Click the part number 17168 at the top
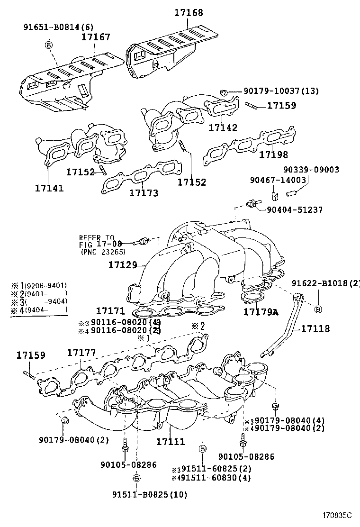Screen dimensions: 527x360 point(188,13)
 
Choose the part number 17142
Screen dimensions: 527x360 point(223,127)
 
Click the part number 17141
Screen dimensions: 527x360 point(49,188)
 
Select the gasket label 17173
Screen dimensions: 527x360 point(144,193)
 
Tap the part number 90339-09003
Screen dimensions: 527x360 point(312,169)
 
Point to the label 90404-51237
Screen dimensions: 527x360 point(296,209)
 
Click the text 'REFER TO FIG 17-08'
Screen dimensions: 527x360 point(97,241)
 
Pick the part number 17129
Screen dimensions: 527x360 point(122,266)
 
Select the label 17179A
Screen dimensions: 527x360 point(261,312)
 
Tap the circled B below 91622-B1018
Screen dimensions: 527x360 point(318,309)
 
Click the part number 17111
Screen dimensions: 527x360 point(171,441)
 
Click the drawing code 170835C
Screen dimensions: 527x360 point(338,515)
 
